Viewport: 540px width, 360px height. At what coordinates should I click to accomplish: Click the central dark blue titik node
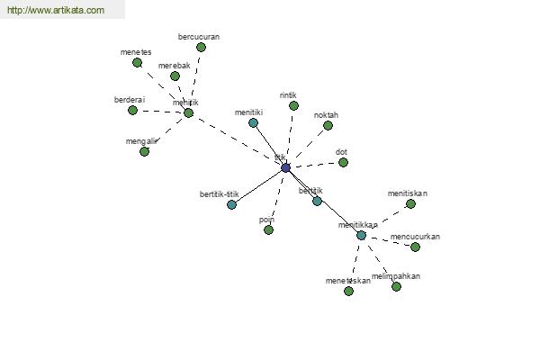[285, 167]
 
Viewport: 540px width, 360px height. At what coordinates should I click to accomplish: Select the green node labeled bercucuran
[201, 47]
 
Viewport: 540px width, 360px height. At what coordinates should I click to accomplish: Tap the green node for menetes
[137, 63]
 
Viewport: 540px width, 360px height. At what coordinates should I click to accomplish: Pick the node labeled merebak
[175, 76]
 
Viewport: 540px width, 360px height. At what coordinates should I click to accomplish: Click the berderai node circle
[132, 111]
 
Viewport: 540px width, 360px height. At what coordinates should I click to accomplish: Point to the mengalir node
[144, 151]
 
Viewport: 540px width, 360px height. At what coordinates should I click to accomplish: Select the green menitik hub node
[188, 112]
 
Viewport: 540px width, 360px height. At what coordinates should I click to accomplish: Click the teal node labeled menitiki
[253, 122]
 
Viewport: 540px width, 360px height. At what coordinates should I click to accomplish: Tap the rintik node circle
[293, 105]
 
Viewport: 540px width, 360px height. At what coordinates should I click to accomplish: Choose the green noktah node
[328, 126]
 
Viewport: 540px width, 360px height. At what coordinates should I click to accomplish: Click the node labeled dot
[343, 163]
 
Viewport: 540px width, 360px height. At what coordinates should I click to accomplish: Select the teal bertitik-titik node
[231, 204]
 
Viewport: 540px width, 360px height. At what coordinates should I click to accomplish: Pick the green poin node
[268, 229]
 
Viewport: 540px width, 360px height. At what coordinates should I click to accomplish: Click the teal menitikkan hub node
[361, 236]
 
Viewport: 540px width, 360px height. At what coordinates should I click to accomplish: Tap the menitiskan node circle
[410, 203]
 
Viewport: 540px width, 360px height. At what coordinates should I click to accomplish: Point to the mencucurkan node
[415, 247]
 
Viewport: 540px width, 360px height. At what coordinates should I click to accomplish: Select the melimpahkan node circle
[396, 286]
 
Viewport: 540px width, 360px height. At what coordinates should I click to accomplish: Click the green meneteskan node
[348, 291]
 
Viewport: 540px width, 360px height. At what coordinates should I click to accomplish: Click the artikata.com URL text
[55, 11]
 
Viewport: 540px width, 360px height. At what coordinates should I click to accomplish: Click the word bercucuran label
[199, 37]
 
